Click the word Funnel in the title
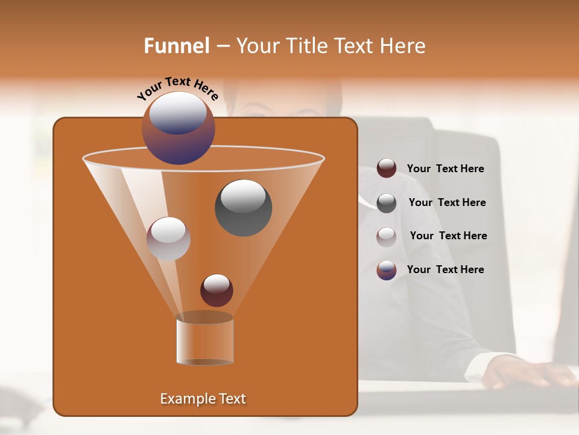pos(176,46)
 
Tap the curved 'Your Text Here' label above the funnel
pos(177,88)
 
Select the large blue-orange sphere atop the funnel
pos(179,127)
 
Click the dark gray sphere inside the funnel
pos(243,207)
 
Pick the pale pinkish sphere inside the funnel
pos(168,239)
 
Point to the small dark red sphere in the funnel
pos(217,290)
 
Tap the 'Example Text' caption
pos(203,399)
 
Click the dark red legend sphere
pos(387,169)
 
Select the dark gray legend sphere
pos(387,203)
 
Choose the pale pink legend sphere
pos(387,237)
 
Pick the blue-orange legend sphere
pos(387,270)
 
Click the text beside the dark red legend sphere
pos(445,169)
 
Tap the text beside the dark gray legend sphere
pos(447,203)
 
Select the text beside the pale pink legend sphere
pos(448,236)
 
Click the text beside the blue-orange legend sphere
pos(445,270)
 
